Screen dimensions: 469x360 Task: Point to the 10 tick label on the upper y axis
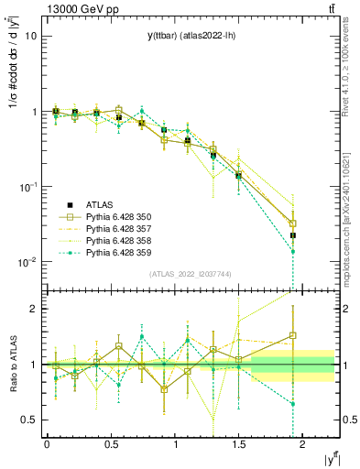pos(31,37)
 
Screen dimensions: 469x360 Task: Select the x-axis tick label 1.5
pos(238,444)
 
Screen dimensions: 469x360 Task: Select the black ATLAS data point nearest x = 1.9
pos(293,235)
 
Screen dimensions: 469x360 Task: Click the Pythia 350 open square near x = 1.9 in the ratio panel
pos(293,335)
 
